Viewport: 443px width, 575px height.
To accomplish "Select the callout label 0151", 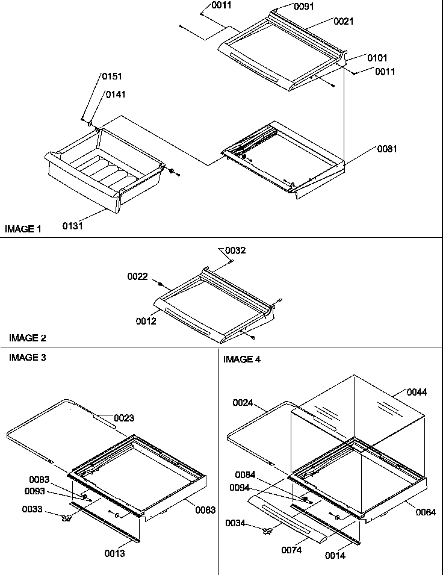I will point(111,76).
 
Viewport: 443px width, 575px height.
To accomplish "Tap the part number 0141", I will point(117,95).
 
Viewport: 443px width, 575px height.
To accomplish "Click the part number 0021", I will point(344,22).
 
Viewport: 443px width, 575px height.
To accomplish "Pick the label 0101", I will point(377,58).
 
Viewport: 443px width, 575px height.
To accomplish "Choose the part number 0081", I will point(387,149).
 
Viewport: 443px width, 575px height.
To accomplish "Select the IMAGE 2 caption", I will point(27,338).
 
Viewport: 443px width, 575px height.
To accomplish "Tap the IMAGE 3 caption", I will point(27,358).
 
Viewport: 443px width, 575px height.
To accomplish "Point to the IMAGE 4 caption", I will point(242,359).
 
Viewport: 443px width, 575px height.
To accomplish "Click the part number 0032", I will point(235,250).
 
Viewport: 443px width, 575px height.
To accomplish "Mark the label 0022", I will point(137,277).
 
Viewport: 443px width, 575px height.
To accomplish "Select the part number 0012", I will point(146,321).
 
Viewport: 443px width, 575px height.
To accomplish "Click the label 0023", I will point(124,418).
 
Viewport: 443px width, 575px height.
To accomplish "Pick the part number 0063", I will point(205,510).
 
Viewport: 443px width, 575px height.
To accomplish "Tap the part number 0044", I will point(417,393).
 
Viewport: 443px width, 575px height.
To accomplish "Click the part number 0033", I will point(33,509).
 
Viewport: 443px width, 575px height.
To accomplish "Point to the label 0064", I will point(425,512).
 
